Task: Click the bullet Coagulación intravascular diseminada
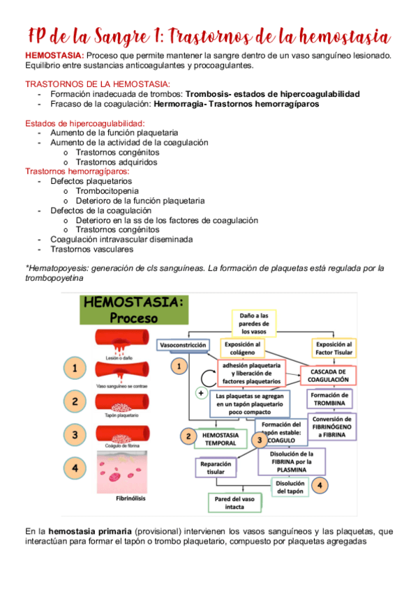click(x=121, y=239)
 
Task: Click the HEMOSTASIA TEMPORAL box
click(x=221, y=438)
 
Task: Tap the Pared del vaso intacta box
click(x=235, y=503)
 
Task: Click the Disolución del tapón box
click(x=290, y=487)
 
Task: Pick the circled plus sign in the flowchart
click(x=201, y=394)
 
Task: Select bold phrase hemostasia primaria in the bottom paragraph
click(x=93, y=532)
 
